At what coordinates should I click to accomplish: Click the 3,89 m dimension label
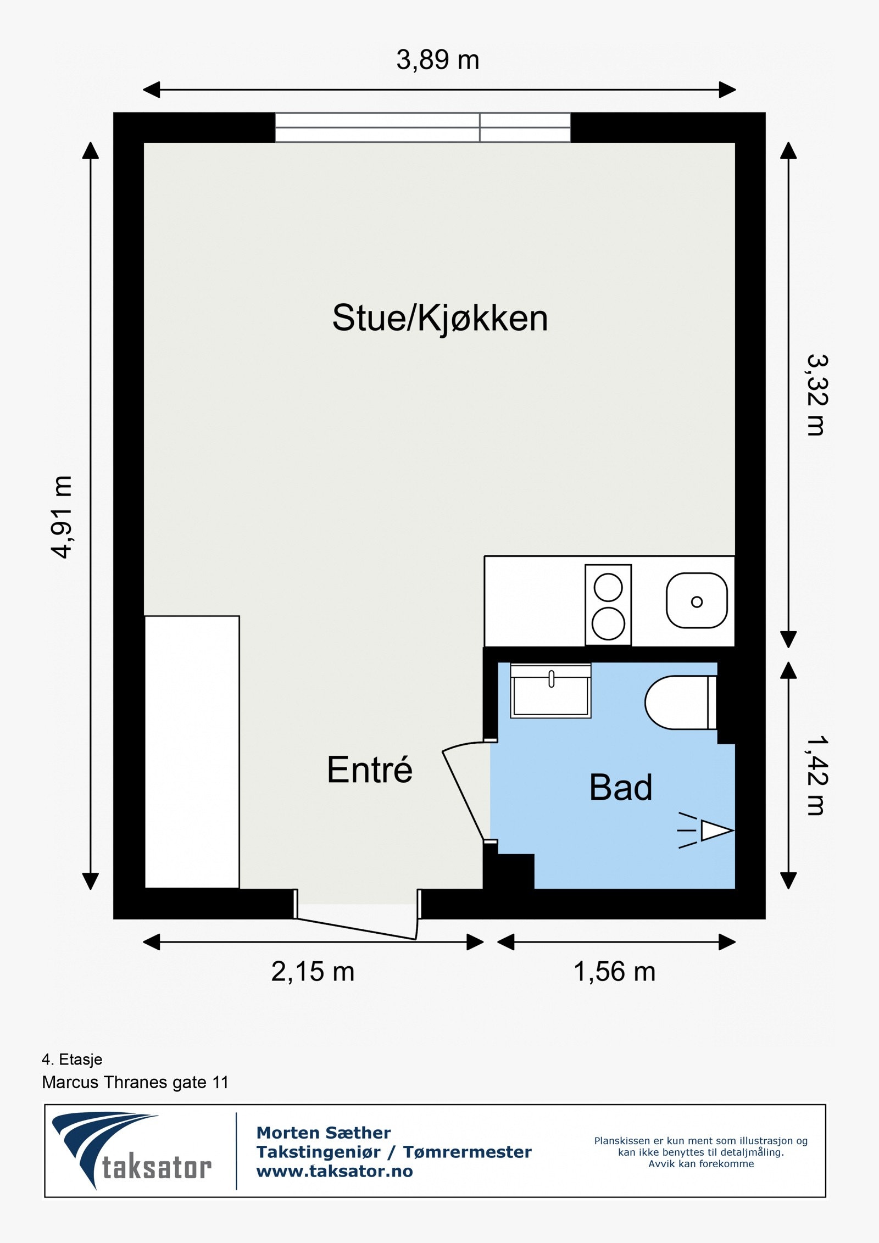(438, 60)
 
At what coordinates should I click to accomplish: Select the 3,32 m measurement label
(817, 395)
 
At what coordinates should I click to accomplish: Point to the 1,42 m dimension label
(817, 775)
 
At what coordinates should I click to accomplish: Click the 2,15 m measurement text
(313, 972)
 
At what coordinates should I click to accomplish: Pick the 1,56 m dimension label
(614, 972)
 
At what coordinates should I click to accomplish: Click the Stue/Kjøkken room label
(440, 318)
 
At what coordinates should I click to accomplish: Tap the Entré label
(369, 770)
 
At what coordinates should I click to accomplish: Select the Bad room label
(621, 787)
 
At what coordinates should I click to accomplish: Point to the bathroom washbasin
(550, 690)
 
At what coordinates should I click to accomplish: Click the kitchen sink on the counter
(697, 601)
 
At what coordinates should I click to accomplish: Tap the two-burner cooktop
(608, 605)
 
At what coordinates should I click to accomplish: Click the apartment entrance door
(357, 928)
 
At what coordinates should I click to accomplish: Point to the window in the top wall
(422, 127)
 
